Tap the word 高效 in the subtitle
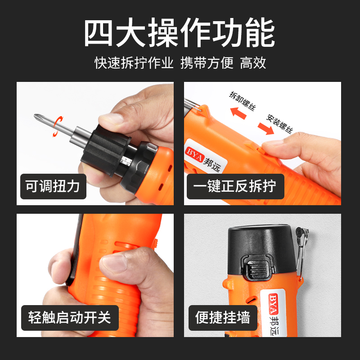coord(253,63)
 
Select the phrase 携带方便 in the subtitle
coord(207,63)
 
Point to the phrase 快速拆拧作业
coord(134,63)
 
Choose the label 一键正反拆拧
coord(235,186)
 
